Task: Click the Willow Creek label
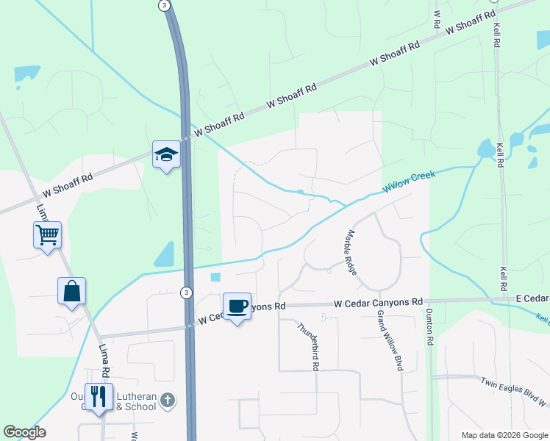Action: tap(409, 182)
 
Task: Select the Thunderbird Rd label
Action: tap(310, 345)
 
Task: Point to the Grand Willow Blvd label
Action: tap(391, 340)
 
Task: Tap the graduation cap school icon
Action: tap(166, 154)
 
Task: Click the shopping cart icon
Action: tap(47, 236)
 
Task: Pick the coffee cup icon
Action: tap(237, 305)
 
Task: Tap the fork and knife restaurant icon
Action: tap(98, 397)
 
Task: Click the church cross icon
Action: tap(168, 401)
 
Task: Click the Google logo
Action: tap(24, 432)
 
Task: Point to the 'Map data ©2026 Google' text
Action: tap(504, 435)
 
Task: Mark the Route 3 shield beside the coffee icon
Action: tap(186, 293)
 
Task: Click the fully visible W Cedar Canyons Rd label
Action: tap(379, 302)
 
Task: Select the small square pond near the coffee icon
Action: tap(215, 278)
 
